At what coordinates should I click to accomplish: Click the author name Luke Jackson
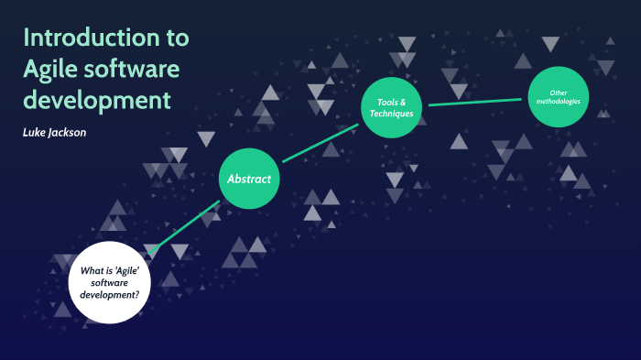[55, 133]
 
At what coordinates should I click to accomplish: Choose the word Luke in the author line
[34, 133]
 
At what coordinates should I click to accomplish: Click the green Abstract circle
[248, 179]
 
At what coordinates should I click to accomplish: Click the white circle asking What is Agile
[109, 282]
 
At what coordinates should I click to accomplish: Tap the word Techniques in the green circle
[392, 114]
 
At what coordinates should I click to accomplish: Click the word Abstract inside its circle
[248, 179]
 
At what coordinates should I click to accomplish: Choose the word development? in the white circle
[109, 294]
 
